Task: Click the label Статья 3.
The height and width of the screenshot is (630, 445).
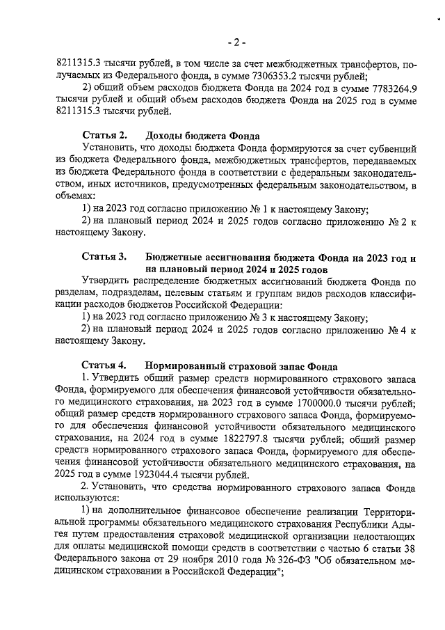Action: pos(104,257)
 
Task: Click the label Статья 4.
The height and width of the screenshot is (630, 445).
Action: pos(104,365)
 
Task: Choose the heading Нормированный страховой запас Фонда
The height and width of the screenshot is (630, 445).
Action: pos(241,365)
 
